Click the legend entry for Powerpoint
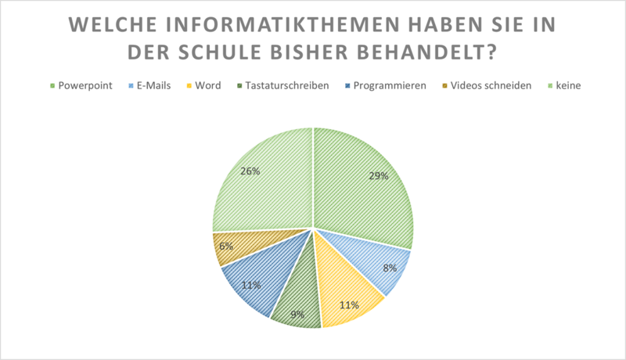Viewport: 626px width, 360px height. point(81,85)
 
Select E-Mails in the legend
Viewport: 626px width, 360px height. point(149,85)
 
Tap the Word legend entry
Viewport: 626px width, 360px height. point(203,85)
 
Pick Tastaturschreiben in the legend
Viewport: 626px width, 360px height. point(282,85)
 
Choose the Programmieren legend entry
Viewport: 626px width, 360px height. point(385,85)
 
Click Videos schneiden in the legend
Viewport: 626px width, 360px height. point(487,85)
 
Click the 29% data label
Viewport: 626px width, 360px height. point(379,175)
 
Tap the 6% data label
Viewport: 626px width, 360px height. point(226,246)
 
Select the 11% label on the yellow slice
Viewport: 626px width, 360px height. point(349,305)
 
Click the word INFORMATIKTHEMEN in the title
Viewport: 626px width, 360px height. point(282,24)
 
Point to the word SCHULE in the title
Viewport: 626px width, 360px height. point(221,52)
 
